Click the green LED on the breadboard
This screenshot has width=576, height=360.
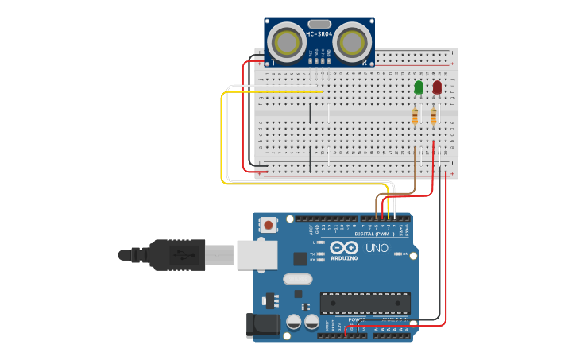[x=419, y=86]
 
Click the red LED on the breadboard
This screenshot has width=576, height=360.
[x=437, y=86]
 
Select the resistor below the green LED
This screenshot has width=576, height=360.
[x=415, y=117]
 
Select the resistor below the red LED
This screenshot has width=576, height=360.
[x=433, y=117]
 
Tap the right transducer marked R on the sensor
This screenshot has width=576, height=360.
[x=352, y=40]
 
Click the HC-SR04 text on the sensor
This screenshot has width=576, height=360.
[x=319, y=33]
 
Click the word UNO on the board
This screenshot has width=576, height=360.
[x=377, y=248]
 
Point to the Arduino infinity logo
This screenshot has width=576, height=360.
[x=344, y=248]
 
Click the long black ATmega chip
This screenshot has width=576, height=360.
[x=365, y=303]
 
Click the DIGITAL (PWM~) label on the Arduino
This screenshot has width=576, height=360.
[x=374, y=234]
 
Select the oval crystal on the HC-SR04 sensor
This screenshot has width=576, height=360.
[x=319, y=25]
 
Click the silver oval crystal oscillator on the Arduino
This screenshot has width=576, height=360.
[x=297, y=279]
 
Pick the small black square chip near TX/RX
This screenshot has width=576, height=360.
[x=300, y=258]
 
